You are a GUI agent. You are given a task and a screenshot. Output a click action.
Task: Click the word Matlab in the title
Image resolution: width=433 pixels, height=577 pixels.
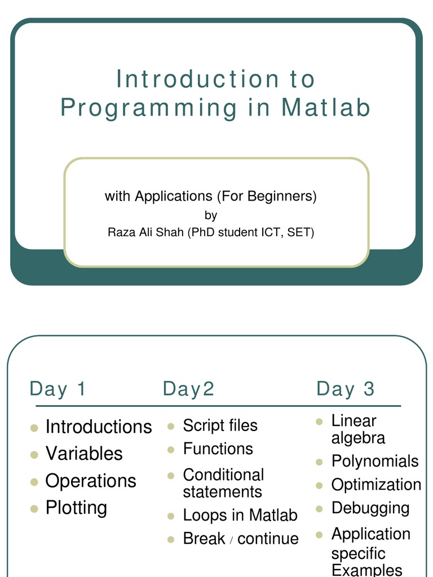(325, 107)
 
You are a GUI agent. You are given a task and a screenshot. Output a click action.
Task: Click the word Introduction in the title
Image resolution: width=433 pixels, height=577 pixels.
(197, 79)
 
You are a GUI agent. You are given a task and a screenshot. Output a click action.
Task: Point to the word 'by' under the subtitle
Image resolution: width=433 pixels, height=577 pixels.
(211, 215)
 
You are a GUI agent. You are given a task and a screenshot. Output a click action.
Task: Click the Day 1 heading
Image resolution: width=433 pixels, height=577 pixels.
(58, 389)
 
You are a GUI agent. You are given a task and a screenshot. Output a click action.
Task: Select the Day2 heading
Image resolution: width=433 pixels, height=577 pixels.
(188, 389)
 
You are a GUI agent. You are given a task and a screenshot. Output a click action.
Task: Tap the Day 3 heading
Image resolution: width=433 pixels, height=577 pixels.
(346, 389)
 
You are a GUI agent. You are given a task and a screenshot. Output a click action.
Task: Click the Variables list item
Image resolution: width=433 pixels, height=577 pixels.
(84, 454)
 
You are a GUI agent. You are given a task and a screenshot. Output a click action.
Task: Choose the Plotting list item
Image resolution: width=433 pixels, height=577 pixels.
(76, 508)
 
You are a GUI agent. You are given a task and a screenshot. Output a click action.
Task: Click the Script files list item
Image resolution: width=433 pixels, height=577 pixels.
(220, 425)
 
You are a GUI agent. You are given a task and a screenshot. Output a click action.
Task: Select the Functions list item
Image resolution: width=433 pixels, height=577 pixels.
(218, 449)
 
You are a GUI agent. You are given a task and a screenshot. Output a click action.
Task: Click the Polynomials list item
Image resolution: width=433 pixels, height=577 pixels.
(375, 461)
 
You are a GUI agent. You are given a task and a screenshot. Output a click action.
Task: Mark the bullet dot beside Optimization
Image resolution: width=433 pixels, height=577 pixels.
(319, 486)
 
